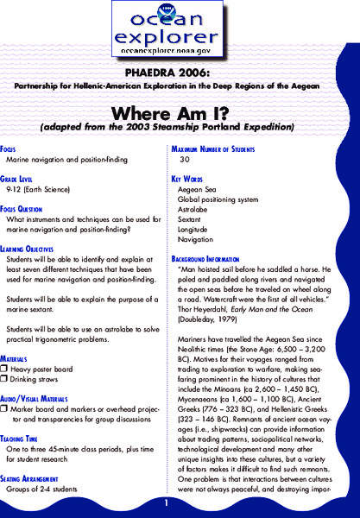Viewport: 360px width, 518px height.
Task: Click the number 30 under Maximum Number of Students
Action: coord(184,161)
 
